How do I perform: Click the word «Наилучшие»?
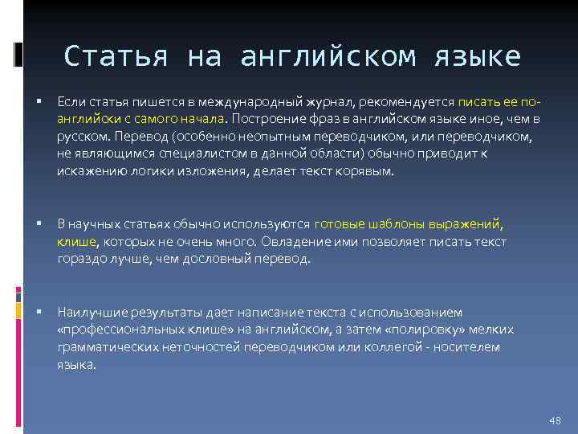(89, 312)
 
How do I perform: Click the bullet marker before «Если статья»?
(39, 102)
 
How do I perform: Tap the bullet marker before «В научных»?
(39, 225)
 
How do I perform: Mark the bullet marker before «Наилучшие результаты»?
(39, 313)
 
